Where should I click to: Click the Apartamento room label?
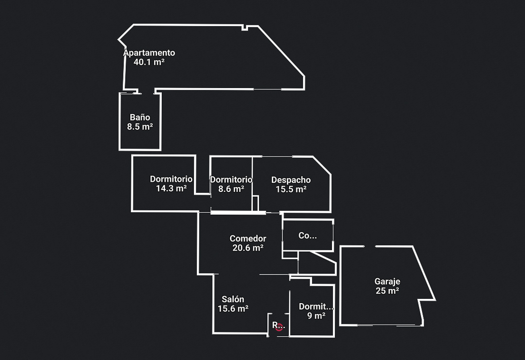(x=149, y=53)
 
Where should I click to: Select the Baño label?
(x=140, y=117)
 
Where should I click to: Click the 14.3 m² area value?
(x=171, y=189)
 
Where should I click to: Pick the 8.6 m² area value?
(x=231, y=189)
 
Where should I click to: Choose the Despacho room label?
(x=291, y=180)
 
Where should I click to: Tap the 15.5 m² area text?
(x=291, y=189)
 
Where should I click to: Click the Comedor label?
(x=248, y=239)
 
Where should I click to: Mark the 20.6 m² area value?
(x=248, y=248)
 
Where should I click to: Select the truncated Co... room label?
(x=307, y=236)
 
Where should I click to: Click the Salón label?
(x=233, y=299)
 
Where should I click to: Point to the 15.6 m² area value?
(x=233, y=309)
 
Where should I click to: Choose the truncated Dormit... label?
(x=316, y=307)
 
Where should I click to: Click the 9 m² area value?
(x=316, y=316)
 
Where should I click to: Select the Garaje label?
(x=387, y=281)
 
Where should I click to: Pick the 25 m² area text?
(x=387, y=291)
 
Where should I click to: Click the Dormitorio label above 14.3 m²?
(x=171, y=179)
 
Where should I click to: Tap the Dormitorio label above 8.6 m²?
(x=231, y=180)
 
